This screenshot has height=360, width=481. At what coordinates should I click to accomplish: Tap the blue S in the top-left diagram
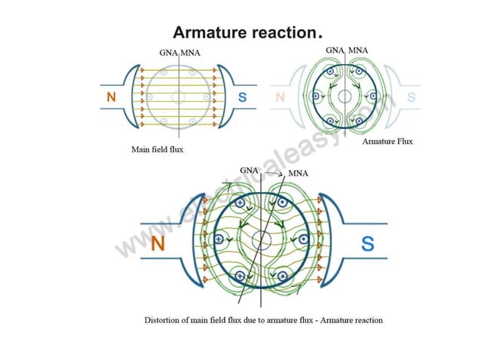point(242,97)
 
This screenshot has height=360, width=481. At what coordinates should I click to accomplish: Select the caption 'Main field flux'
point(158,149)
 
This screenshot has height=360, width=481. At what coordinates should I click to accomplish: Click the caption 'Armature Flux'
point(388,141)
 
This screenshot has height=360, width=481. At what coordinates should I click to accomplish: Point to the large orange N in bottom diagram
point(158,243)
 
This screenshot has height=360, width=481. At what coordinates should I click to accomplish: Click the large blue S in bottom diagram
point(367,243)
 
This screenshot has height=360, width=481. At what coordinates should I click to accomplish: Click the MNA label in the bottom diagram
point(299,174)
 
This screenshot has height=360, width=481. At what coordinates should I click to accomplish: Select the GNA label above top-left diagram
point(169,53)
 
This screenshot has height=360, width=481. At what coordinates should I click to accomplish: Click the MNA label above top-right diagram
point(358,50)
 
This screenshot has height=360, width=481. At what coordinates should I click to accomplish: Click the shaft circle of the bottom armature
point(261,240)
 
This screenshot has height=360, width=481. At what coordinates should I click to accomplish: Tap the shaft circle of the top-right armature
point(345,96)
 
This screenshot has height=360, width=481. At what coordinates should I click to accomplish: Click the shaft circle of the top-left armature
point(178,96)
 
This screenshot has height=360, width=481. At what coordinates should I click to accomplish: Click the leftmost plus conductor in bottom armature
point(219,239)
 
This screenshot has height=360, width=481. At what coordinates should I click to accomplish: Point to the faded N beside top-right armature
point(280,97)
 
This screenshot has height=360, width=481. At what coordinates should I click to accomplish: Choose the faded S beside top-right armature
point(411,97)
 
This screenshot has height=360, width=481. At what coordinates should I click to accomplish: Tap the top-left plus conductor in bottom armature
point(240,203)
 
